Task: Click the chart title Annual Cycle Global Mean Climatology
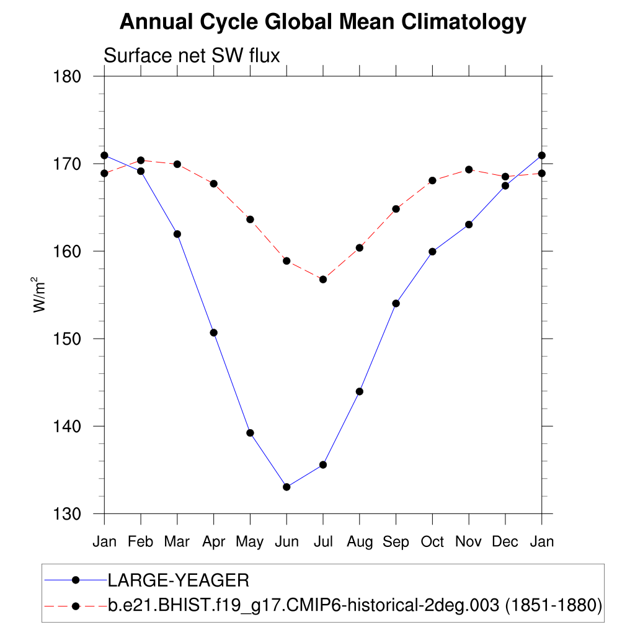pyautogui.click(x=322, y=22)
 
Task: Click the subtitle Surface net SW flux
pyautogui.click(x=192, y=56)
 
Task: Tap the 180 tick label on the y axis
pyautogui.click(x=68, y=77)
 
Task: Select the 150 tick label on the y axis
pyautogui.click(x=68, y=339)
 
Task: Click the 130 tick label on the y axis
pyautogui.click(x=68, y=514)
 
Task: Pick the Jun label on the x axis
pyautogui.click(x=286, y=542)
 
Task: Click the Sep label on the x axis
pyautogui.click(x=396, y=542)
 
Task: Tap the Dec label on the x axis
pyautogui.click(x=505, y=542)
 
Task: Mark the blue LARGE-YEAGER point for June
pyautogui.click(x=286, y=487)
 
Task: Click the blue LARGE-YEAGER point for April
pyautogui.click(x=214, y=332)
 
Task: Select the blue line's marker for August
pyautogui.click(x=359, y=391)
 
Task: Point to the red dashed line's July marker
pyautogui.click(x=323, y=280)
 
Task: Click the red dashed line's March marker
pyautogui.click(x=177, y=164)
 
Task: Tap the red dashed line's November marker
pyautogui.click(x=469, y=169)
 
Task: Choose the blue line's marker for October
pyautogui.click(x=432, y=252)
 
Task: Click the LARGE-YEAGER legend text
pyautogui.click(x=179, y=580)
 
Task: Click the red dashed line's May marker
pyautogui.click(x=250, y=219)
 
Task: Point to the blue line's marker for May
pyautogui.click(x=250, y=433)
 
